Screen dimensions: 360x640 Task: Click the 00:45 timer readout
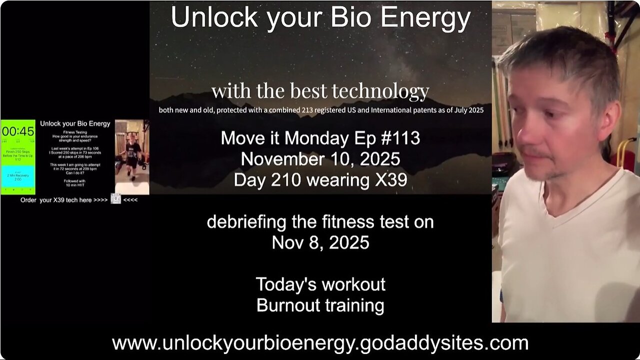click(x=18, y=131)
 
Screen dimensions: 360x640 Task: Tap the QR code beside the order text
click(x=115, y=199)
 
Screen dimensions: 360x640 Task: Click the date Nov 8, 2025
click(x=320, y=242)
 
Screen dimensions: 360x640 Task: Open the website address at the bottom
click(x=320, y=343)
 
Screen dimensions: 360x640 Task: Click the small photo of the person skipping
click(x=132, y=156)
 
